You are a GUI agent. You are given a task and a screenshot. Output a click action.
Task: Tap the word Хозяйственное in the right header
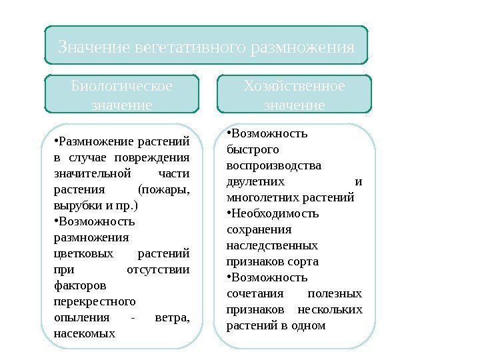point(295,87)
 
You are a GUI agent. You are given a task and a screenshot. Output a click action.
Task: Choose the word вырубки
point(73,205)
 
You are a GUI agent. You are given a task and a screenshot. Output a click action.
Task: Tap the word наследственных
point(272,245)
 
